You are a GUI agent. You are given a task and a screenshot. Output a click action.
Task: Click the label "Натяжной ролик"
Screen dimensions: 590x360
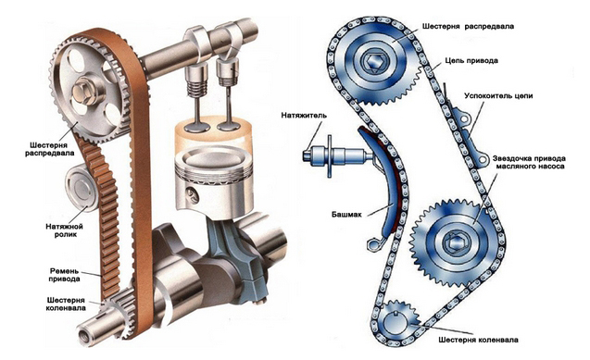(x=64, y=230)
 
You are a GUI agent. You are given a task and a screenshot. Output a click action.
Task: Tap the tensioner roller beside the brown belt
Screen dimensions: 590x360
(x=81, y=188)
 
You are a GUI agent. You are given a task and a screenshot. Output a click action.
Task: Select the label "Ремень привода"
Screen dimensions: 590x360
(x=64, y=275)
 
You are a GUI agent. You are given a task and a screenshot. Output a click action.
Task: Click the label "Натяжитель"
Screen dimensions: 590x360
(x=304, y=116)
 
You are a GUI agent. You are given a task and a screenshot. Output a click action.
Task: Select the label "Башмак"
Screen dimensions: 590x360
(x=346, y=214)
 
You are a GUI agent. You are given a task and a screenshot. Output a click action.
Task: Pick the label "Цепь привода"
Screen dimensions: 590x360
(x=471, y=60)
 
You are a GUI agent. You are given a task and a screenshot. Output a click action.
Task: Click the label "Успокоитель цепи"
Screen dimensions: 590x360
(x=498, y=96)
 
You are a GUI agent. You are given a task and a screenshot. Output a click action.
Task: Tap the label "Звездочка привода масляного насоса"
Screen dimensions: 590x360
(x=528, y=162)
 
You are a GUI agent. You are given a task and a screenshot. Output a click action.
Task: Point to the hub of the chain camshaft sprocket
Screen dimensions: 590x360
(x=372, y=61)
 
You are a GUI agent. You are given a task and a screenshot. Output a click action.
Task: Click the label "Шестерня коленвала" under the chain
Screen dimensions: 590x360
(x=478, y=340)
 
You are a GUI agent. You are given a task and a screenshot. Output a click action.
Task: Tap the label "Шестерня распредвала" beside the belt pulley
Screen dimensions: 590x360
(x=49, y=149)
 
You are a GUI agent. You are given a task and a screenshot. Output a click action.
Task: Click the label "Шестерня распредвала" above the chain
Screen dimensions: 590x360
(x=468, y=26)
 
